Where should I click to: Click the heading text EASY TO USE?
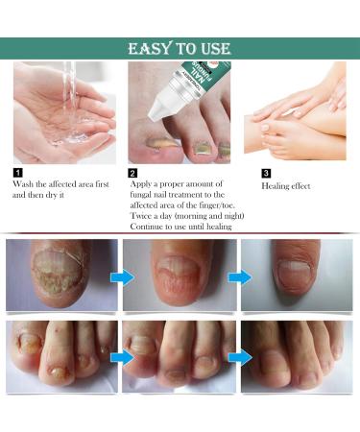click(x=180, y=49)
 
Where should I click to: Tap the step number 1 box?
click(x=17, y=173)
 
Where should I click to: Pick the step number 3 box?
click(x=266, y=173)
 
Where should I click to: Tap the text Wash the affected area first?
click(x=58, y=183)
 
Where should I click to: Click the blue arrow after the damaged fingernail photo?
click(x=121, y=277)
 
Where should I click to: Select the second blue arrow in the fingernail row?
click(x=239, y=277)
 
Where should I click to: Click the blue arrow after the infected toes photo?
click(x=121, y=358)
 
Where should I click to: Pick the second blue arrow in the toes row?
click(x=239, y=358)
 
